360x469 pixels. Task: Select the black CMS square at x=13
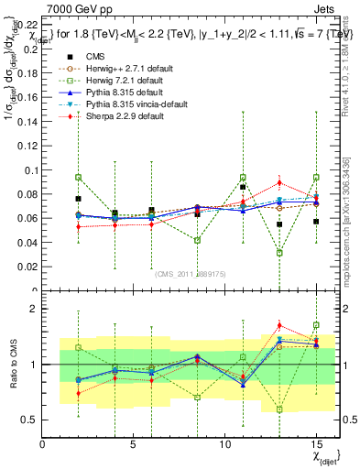coord(279,224)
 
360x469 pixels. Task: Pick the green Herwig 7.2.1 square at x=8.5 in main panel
coord(197,240)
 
